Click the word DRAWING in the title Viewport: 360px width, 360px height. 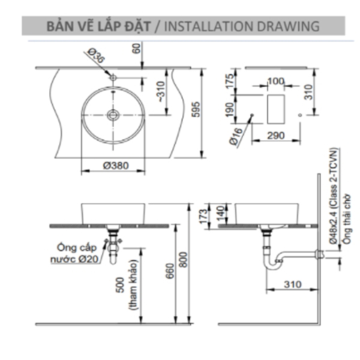pos(288,26)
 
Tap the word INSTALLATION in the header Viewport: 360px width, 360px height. pos(209,26)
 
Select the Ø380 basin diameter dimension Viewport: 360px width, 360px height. pos(116,166)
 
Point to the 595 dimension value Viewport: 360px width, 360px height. pos(196,109)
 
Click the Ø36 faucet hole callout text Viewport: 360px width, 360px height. pos(96,55)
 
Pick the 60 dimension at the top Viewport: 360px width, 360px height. pos(136,49)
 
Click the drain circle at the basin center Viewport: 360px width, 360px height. pos(113,115)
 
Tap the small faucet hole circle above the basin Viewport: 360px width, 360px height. pos(113,77)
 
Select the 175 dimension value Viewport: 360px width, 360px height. pos(230,81)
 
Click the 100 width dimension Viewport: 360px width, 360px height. pos(276,81)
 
